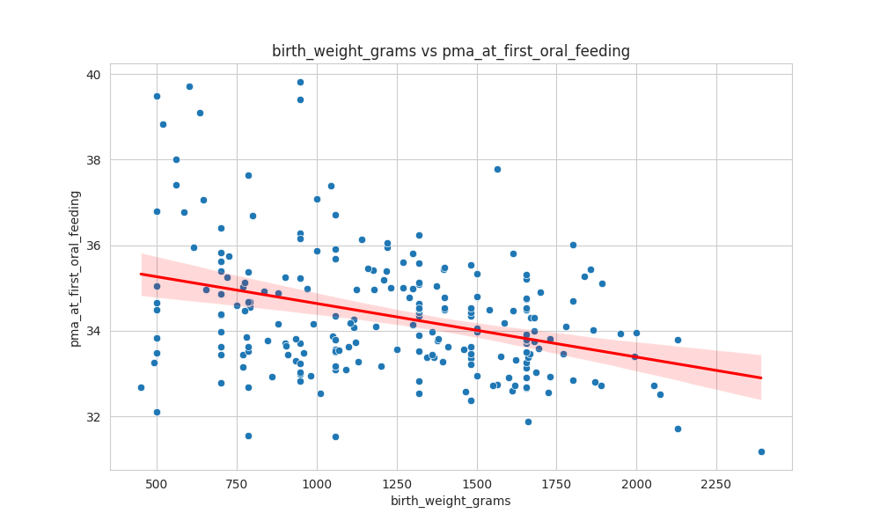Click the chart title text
click(451, 51)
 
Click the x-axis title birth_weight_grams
click(451, 501)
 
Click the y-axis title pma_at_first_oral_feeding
click(75, 268)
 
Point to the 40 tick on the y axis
click(92, 75)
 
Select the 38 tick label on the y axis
click(92, 160)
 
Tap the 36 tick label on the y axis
click(92, 246)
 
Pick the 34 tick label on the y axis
click(92, 331)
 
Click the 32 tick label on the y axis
click(92, 416)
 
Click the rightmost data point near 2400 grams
click(761, 451)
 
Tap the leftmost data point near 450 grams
click(141, 387)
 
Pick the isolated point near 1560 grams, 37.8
click(497, 169)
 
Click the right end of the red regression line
click(760, 378)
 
